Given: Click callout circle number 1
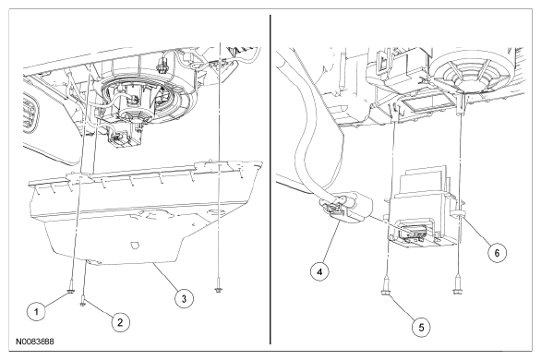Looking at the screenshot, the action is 36,312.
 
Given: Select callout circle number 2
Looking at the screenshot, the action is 120,322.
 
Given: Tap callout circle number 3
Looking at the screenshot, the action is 184,298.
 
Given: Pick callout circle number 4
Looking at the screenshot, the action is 319,271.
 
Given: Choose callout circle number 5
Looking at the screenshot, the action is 421,327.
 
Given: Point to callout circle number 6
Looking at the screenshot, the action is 497,253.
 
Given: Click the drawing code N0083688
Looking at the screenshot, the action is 34,342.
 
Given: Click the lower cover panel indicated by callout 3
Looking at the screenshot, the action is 145,214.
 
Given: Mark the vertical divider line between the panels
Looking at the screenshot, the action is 270,179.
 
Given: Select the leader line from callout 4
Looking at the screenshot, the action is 332,243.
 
